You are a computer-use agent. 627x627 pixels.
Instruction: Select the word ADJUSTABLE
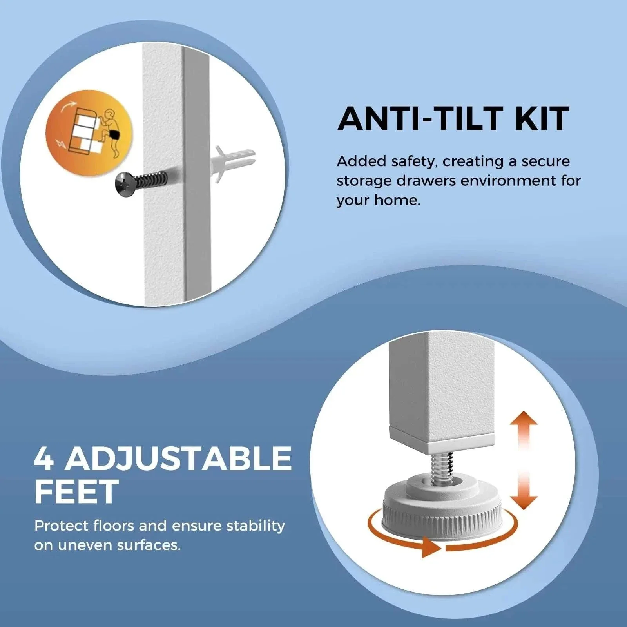178,458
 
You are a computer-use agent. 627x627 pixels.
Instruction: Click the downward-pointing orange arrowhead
524,502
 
